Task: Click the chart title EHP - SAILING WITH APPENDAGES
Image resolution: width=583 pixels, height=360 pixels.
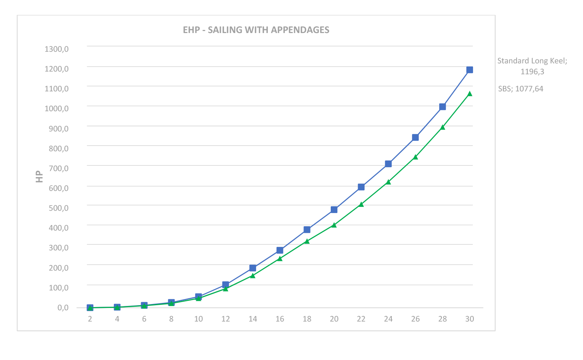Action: [256, 30]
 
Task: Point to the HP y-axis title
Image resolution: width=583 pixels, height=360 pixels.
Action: [39, 177]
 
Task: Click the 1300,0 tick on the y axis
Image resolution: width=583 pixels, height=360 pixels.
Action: [56, 49]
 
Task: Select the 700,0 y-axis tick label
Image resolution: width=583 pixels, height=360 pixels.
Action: [58, 168]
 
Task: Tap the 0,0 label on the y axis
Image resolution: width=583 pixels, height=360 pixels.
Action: [63, 308]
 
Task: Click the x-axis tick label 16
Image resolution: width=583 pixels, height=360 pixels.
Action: [280, 319]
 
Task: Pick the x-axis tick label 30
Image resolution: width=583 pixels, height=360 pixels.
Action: [470, 319]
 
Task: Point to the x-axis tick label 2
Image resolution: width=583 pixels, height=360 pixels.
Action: [90, 319]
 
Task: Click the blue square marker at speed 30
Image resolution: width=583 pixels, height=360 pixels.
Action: [470, 70]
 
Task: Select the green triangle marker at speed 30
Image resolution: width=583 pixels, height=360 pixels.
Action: [470, 94]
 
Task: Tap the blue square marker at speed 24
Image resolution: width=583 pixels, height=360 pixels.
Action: [388, 164]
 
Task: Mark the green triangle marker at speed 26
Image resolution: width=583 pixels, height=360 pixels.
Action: [415, 157]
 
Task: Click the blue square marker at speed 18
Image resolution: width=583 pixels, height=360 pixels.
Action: [307, 230]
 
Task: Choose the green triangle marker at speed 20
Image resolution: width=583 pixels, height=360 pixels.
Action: [334, 225]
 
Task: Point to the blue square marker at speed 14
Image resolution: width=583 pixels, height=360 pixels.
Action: [253, 268]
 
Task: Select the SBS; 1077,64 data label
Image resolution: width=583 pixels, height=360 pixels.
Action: [520, 89]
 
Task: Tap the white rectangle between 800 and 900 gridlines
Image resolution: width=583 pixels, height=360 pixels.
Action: [214, 136]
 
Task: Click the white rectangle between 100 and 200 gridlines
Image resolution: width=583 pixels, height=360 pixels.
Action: [357, 275]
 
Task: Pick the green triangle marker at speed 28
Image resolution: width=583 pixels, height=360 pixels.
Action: [442, 127]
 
